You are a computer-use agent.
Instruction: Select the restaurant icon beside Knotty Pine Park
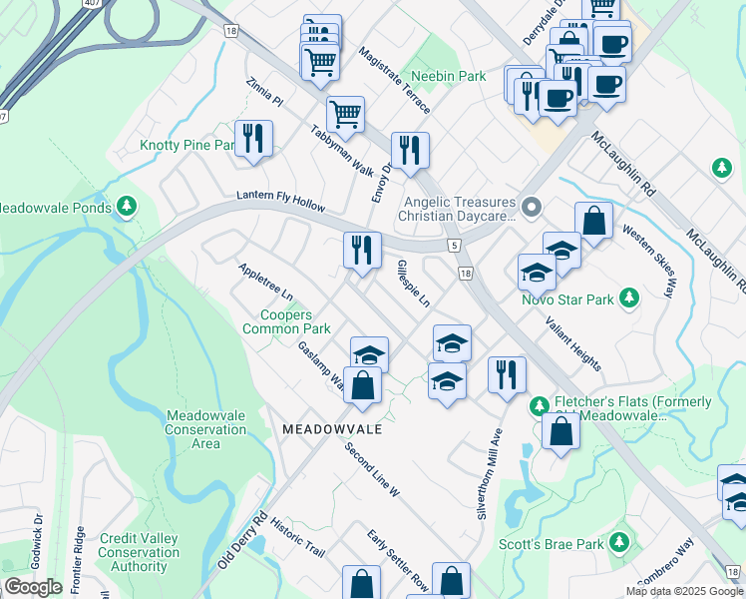[252, 140]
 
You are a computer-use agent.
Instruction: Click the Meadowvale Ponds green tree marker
[126, 207]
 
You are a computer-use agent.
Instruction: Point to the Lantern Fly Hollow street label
[280, 202]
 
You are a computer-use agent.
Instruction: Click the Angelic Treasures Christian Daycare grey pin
[531, 208]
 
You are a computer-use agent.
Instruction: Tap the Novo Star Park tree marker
[628, 297]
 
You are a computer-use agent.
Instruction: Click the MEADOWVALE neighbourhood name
[332, 428]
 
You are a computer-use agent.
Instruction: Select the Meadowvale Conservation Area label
[206, 429]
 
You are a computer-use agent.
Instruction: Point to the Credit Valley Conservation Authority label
[139, 552]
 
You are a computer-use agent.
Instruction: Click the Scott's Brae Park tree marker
[620, 542]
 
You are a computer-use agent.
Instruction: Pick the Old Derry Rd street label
[242, 541]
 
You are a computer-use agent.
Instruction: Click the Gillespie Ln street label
[413, 283]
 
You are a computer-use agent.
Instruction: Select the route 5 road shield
[454, 245]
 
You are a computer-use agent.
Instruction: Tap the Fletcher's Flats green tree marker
[539, 405]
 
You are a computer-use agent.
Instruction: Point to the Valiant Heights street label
[572, 342]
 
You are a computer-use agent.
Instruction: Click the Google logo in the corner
[33, 587]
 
